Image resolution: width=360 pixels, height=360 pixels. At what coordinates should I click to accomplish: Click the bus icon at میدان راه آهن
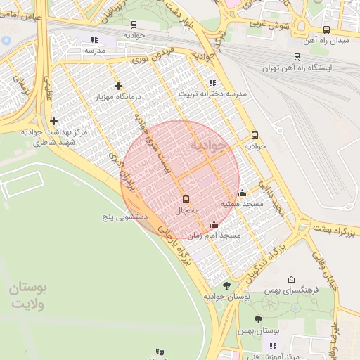[326, 30]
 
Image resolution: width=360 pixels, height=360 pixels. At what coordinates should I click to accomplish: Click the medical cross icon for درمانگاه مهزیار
[117, 86]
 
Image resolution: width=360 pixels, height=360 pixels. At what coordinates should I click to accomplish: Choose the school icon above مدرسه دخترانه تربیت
[212, 83]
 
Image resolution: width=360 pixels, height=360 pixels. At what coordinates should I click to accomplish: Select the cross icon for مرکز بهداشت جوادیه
[53, 121]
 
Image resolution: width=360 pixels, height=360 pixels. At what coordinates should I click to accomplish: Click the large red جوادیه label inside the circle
[209, 146]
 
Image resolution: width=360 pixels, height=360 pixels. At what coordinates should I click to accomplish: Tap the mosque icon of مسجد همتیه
[243, 193]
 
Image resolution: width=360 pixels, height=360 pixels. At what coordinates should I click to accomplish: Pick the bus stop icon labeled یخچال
[186, 200]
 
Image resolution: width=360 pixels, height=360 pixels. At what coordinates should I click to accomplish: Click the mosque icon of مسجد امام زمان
[214, 225]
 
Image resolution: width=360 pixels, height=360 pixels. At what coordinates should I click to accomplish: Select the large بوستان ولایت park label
[30, 296]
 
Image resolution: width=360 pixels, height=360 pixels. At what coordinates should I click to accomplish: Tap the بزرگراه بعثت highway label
[335, 231]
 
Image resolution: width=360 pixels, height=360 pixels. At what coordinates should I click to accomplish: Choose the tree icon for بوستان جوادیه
[226, 285]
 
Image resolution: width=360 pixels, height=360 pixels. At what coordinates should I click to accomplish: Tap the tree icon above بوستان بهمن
[258, 319]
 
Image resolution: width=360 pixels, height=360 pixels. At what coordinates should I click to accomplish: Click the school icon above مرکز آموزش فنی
[273, 346]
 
